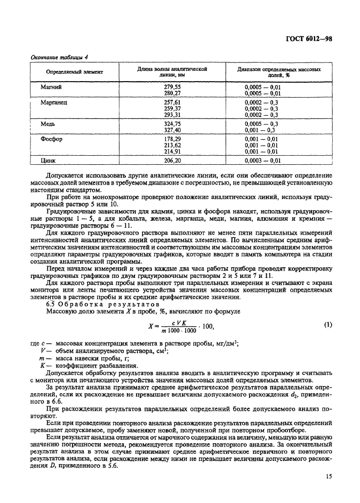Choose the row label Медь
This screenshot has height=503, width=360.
tap(49, 123)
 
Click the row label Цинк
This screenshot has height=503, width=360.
tap(49, 159)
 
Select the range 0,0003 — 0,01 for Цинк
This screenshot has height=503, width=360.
tap(262, 159)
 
